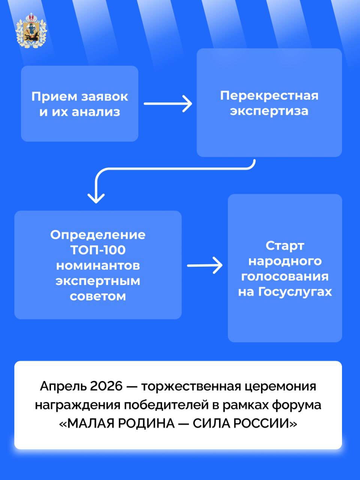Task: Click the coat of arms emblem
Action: tap(31, 31)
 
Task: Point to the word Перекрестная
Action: tap(269, 96)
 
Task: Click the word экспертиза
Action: tap(269, 111)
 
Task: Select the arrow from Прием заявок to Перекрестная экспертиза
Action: tap(168, 103)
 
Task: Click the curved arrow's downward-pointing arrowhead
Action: tap(96, 197)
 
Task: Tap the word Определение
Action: tap(98, 235)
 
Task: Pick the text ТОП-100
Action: tap(98, 250)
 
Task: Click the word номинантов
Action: tap(98, 265)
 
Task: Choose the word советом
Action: tap(98, 296)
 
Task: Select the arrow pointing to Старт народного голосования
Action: tap(204, 265)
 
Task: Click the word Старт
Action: tap(285, 246)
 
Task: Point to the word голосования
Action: tap(285, 276)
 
